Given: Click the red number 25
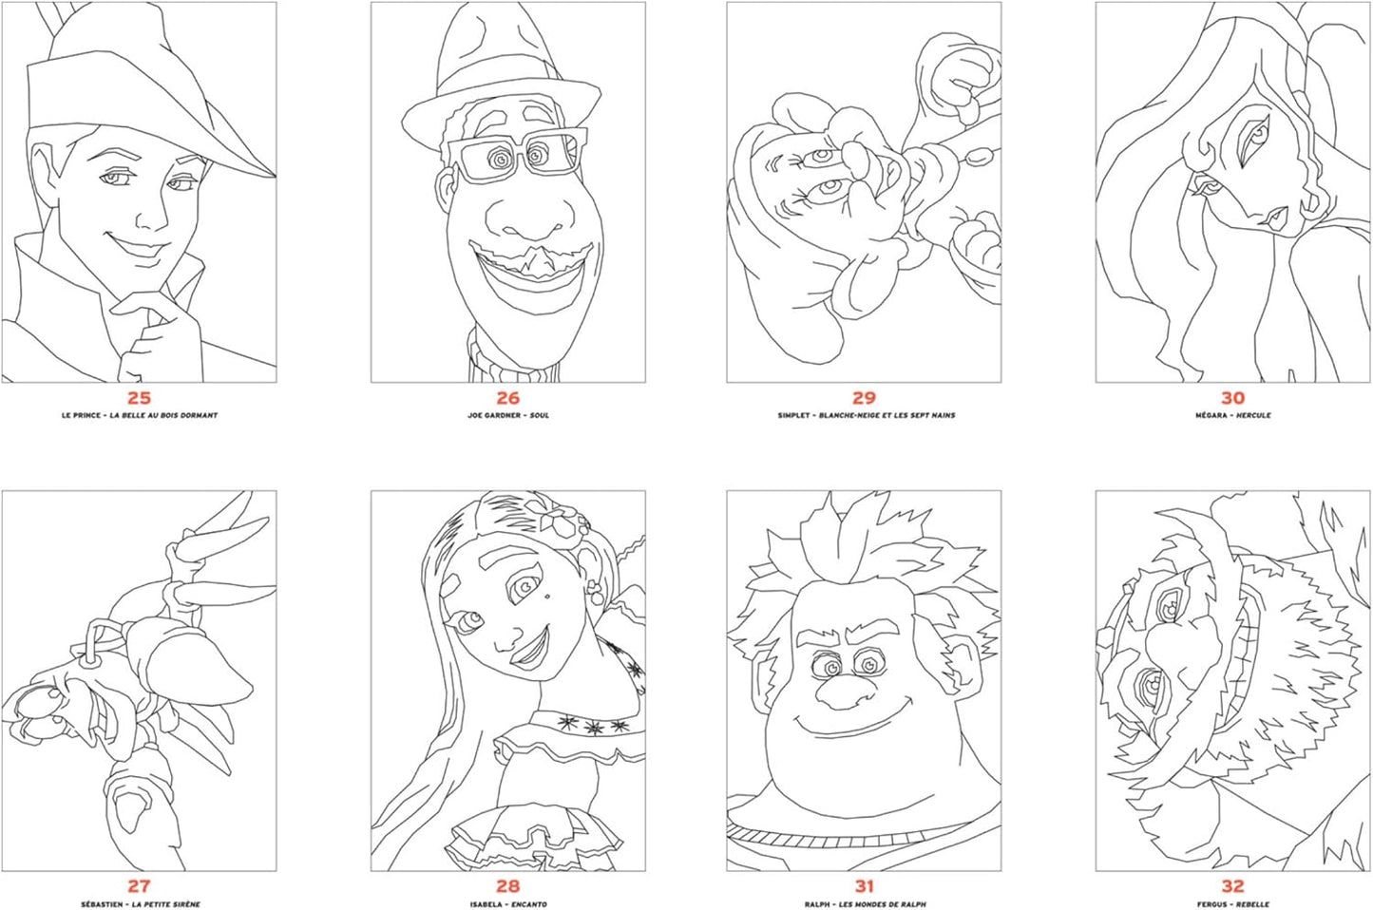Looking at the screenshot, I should coord(139,398).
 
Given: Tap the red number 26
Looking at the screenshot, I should coord(507,398).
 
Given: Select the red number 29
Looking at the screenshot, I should coord(864,398).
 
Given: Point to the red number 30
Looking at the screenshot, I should coord(1232,398).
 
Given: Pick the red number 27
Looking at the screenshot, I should coord(139,886).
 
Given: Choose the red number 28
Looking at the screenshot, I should coord(507,886).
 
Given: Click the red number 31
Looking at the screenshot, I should coord(864,886).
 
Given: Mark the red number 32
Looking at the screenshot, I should coord(1232,886).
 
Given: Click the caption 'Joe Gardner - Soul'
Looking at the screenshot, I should coord(507,415).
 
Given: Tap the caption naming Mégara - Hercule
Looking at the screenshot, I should coord(1232,415).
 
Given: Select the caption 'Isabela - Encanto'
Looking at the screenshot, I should coord(507,904).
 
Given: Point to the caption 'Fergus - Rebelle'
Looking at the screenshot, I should coord(1232,904).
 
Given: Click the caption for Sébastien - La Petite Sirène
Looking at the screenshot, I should coord(140,904).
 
